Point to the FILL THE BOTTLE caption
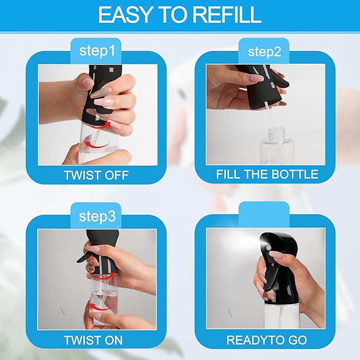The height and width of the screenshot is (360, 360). tap(267, 174)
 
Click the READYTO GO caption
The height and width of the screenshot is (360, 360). tap(267, 339)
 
